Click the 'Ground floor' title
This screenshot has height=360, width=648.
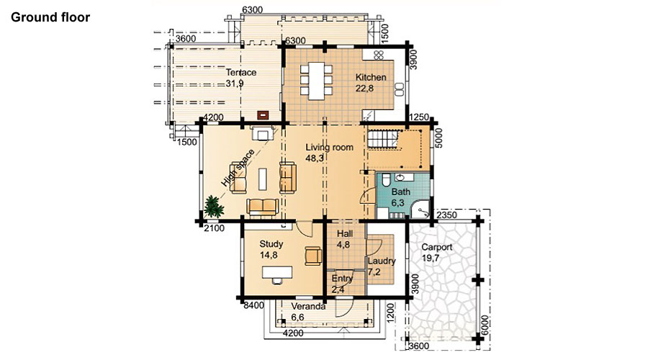pyautogui.click(x=50, y=17)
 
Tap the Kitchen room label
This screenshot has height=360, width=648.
pyautogui.click(x=371, y=77)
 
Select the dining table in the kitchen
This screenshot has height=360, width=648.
pyautogui.click(x=316, y=81)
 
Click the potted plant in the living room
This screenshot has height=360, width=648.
pyautogui.click(x=213, y=206)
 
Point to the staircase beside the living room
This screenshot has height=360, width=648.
pyautogui.click(x=383, y=139)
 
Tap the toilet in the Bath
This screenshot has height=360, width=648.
pyautogui.click(x=385, y=181)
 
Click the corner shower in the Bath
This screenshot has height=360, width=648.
pyautogui.click(x=420, y=210)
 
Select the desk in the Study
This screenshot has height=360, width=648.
pyautogui.click(x=277, y=272)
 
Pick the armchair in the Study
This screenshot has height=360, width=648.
pyautogui.click(x=313, y=256)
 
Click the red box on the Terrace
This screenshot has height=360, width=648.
pyautogui.click(x=263, y=114)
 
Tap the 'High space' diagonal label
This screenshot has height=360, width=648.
pyautogui.click(x=238, y=168)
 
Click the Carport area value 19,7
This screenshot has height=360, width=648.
pyautogui.click(x=431, y=258)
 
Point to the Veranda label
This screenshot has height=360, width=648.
pyautogui.click(x=308, y=306)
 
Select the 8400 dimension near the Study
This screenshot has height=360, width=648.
pyautogui.click(x=253, y=306)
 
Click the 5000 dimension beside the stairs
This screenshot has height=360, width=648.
pyautogui.click(x=439, y=138)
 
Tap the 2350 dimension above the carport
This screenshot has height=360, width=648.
pyautogui.click(x=446, y=215)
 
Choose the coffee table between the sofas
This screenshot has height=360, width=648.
pyautogui.click(x=263, y=179)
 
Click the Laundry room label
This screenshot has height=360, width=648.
pyautogui.click(x=382, y=261)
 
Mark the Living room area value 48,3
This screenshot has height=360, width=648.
pyautogui.click(x=315, y=158)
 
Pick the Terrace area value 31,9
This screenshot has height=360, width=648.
pyautogui.click(x=234, y=84)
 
